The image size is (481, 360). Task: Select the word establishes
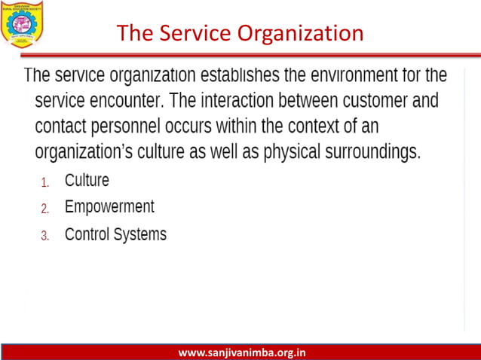click(x=243, y=76)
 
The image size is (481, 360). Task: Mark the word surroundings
click(x=372, y=151)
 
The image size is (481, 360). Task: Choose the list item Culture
click(x=87, y=181)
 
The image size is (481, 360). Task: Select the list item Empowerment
click(x=109, y=207)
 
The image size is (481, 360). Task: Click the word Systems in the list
click(x=139, y=234)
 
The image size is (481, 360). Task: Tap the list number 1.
click(x=44, y=182)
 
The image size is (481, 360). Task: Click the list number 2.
click(x=44, y=209)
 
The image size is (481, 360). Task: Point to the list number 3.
click(x=44, y=236)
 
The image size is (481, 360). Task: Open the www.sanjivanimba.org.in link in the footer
click(x=241, y=352)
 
